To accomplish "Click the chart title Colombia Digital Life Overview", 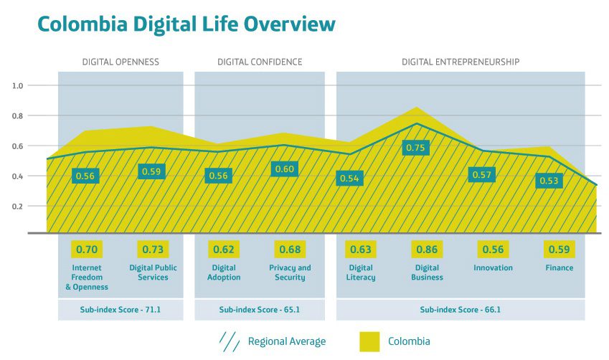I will [x=186, y=24].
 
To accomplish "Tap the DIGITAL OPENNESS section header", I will [x=121, y=62].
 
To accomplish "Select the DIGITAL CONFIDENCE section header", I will [x=260, y=62].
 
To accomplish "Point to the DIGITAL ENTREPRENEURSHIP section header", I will [x=460, y=62].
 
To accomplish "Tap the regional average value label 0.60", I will [x=284, y=169].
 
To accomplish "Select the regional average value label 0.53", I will [x=549, y=181].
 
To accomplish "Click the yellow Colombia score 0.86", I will [x=428, y=250].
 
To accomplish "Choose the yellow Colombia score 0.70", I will [x=87, y=250].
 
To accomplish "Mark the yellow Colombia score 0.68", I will [x=291, y=250].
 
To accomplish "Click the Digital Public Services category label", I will [x=153, y=273].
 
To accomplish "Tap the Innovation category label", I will [x=493, y=268].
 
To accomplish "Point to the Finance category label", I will [x=559, y=268].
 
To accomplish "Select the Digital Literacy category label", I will [x=361, y=273].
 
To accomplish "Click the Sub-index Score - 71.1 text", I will [x=121, y=311].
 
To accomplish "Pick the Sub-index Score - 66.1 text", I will [x=460, y=311].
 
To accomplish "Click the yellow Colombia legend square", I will [x=369, y=341].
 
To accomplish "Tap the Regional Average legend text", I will [x=287, y=341].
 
